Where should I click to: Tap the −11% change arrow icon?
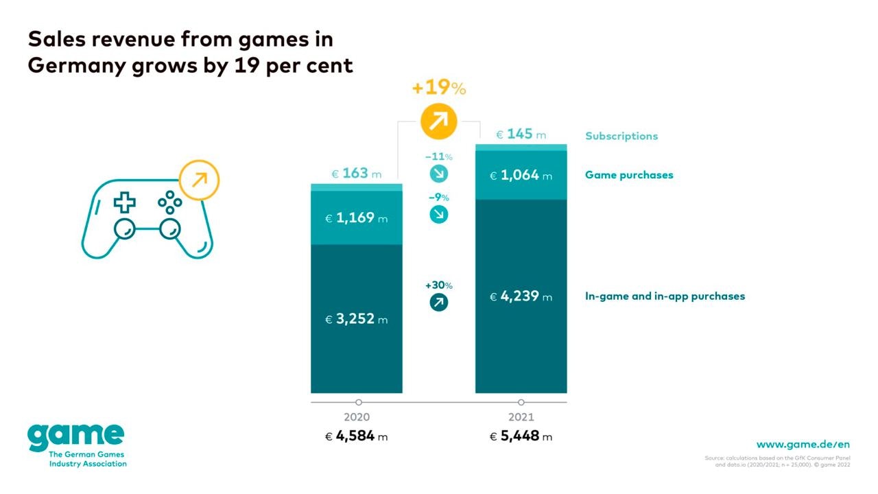coord(438,173)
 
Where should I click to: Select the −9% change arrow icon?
coord(438,214)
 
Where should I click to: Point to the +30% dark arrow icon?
coord(438,301)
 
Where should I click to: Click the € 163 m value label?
coord(357,174)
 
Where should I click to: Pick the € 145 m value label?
coord(521,134)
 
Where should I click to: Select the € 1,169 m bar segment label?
coord(357,218)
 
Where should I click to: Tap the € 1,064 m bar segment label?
coord(521,176)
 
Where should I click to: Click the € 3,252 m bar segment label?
coord(357,319)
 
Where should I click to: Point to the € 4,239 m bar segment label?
coord(521,297)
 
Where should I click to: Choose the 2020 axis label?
coord(357,417)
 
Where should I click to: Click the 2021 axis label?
coord(521,417)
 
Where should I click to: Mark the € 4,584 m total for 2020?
coord(357,436)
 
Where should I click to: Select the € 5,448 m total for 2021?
coord(521,436)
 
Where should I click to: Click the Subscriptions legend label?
coord(621,136)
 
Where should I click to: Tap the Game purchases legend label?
coord(629,175)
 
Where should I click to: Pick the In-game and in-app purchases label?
coord(665,296)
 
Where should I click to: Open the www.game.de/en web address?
coord(803,445)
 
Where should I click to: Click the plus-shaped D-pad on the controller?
coord(124,202)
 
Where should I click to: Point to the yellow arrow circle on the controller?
coord(198,180)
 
